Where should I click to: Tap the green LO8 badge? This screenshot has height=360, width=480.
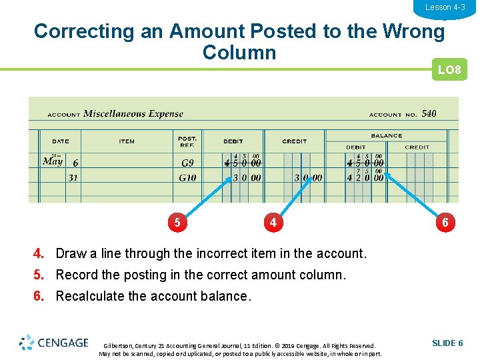[449, 70]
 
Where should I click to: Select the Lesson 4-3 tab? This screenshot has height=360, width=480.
[445, 7]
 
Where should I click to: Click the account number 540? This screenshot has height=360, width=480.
[429, 113]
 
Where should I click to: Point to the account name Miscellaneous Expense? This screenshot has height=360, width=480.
[133, 113]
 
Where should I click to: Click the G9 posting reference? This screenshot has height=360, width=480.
[187, 163]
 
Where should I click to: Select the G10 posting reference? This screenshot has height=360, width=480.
[187, 177]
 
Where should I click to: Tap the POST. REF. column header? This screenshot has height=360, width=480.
[187, 141]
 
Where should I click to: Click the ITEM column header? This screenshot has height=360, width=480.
[127, 141]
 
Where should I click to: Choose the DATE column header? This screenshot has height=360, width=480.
[61, 141]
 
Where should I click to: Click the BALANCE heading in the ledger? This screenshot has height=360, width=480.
[387, 135]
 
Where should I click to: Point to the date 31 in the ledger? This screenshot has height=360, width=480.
[73, 177]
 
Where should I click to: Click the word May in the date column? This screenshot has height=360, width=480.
[53, 161]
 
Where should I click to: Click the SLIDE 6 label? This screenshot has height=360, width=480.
[447, 343]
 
